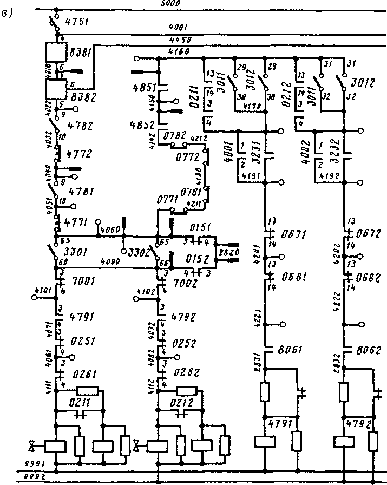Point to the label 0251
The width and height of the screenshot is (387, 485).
point(82,343)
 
